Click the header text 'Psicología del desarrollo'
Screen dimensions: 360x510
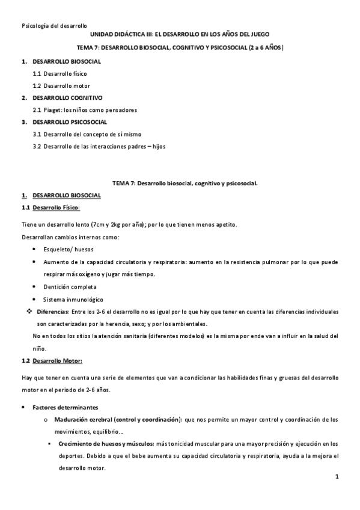coord(54,26)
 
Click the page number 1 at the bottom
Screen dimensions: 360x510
coord(337,477)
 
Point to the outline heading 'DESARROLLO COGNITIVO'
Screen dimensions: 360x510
coord(67,97)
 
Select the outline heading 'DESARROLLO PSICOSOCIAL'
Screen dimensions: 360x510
coord(70,122)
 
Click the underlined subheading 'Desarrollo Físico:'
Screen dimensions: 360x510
coord(56,207)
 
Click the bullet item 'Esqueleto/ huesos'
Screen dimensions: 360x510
coord(68,248)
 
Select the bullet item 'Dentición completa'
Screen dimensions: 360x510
coord(70,287)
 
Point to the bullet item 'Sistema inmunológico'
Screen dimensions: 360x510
coord(73,300)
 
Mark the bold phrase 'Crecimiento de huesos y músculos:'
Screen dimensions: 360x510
coord(106,444)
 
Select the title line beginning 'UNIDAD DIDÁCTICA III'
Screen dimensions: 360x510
coord(180,35)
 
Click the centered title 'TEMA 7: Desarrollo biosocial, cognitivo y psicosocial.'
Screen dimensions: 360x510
coord(185,183)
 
